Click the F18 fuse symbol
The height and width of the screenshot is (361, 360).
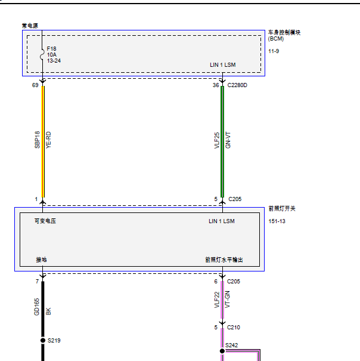pos(42,54)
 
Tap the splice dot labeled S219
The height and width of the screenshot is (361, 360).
pos(43,340)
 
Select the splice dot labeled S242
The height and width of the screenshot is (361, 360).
pos(222,351)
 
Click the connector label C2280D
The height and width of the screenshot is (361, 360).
pos(237,85)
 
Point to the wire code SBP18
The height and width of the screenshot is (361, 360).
pos(37,140)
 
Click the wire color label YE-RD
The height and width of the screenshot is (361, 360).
pos(48,140)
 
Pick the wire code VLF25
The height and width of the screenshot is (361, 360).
pos(217,140)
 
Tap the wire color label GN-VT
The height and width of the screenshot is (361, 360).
pos(228,140)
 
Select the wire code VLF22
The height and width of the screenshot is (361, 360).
pos(217,300)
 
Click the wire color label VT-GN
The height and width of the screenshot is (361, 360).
pos(227,300)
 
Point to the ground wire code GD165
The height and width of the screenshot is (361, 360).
pos(36,307)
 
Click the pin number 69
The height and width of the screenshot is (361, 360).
pos(35,85)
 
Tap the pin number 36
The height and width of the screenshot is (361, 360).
pos(216,85)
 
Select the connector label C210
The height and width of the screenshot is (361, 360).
pos(234,328)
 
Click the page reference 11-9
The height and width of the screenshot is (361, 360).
pos(274,51)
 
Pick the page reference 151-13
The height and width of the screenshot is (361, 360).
pos(277,221)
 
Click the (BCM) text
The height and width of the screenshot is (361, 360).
pos(276,39)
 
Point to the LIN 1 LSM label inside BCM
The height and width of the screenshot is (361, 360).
pos(223,65)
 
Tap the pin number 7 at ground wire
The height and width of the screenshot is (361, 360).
pos(37,281)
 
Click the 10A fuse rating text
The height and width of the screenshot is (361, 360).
pos(52,55)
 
